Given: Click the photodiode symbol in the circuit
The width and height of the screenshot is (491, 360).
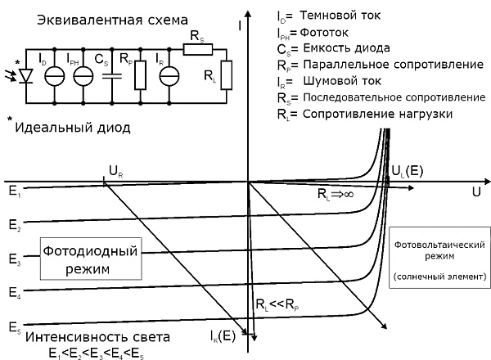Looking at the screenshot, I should (26, 75).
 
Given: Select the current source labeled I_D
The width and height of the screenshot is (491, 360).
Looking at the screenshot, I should (56, 75).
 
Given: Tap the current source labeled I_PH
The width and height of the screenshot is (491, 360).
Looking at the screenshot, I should (82, 75).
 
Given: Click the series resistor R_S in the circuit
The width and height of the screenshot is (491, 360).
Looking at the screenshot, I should (197, 49).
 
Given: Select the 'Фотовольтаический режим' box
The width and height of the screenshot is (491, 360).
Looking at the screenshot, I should (440, 259).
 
